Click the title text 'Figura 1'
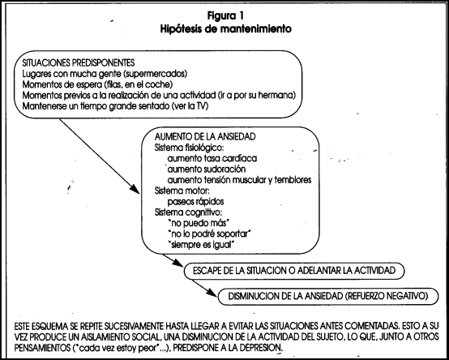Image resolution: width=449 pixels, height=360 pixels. pos(225,15)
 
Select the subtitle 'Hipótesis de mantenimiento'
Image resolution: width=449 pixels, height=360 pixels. pos(225,29)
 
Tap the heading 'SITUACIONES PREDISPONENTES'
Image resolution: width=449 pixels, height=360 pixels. pos(78,62)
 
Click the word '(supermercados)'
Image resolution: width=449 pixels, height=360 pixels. pos(156,74)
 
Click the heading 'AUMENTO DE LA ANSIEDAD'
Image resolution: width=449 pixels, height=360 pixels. pos(205,136)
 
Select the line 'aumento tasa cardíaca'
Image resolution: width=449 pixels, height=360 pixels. pos(212,158)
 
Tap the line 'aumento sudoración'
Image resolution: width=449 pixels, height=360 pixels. pos(207,169)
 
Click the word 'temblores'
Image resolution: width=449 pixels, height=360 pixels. pos(293,180)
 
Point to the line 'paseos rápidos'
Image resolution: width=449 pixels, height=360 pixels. pos(195,202)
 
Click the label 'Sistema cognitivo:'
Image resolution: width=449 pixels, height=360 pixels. pos(188,212)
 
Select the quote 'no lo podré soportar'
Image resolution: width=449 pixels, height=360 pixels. pos(210,234)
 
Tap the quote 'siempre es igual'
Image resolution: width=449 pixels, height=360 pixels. pos(202,245)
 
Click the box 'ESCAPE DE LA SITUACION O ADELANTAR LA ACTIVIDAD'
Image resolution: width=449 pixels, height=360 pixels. pos(294,271)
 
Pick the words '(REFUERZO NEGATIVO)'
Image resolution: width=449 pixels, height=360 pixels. pos(387,296)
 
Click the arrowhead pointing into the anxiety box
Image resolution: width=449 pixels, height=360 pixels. pos(135,189)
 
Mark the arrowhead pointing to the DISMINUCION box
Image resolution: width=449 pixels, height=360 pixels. pos(212,293)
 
